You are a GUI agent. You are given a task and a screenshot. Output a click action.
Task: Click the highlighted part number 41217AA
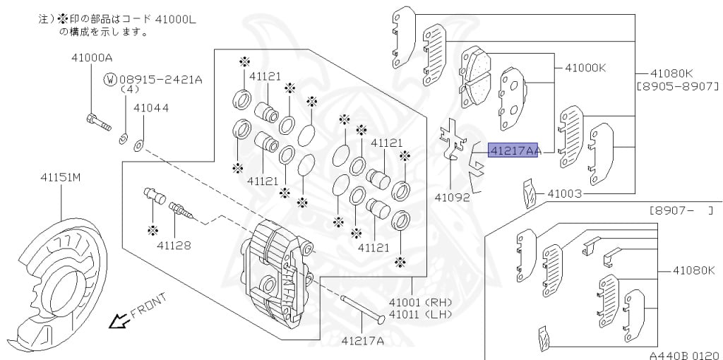(x=514, y=150)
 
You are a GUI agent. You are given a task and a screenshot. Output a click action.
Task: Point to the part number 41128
(x=174, y=246)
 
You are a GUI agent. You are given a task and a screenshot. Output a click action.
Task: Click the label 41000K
(x=585, y=68)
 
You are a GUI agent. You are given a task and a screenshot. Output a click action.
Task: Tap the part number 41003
(x=563, y=192)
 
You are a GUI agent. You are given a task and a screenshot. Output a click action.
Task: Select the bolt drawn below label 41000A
(x=97, y=122)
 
